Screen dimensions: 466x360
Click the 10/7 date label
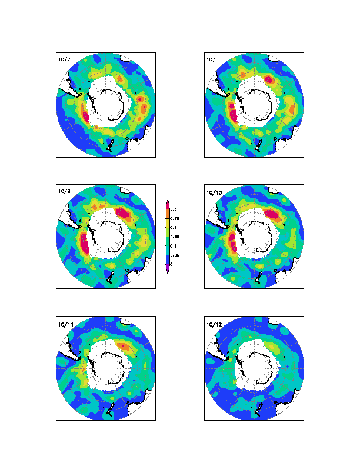[x=62, y=59]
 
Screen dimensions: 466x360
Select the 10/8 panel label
[x=211, y=59]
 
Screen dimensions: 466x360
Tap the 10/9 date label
[x=62, y=191]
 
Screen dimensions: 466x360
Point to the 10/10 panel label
[x=212, y=191]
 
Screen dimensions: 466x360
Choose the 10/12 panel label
[x=212, y=323]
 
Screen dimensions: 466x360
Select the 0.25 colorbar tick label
[x=176, y=218]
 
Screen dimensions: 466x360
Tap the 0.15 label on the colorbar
[x=176, y=237]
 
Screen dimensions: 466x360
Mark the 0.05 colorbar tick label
[x=176, y=255]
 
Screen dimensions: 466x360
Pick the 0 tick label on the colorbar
[x=172, y=264]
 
